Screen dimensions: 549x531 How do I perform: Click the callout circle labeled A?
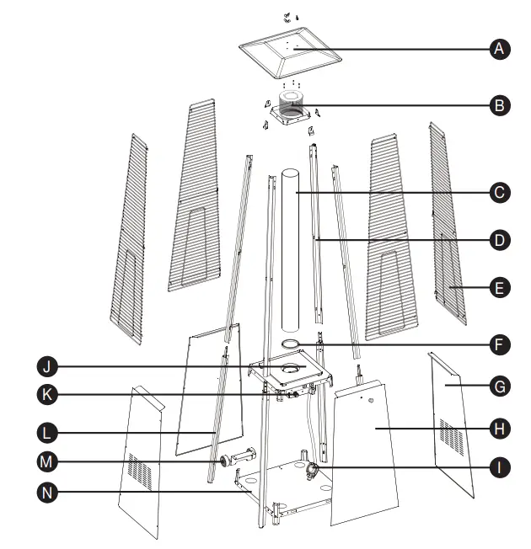point(500,50)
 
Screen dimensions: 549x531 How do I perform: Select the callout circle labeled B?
point(500,106)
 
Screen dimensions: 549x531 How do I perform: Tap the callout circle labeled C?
point(500,193)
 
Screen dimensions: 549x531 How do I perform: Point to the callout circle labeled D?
point(500,241)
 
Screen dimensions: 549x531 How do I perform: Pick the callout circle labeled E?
point(500,288)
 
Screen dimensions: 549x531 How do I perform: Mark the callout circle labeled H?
point(500,428)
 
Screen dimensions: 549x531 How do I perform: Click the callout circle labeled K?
point(49,392)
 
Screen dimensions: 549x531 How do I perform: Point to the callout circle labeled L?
point(49,433)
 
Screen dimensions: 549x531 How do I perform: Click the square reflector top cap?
point(292,52)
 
